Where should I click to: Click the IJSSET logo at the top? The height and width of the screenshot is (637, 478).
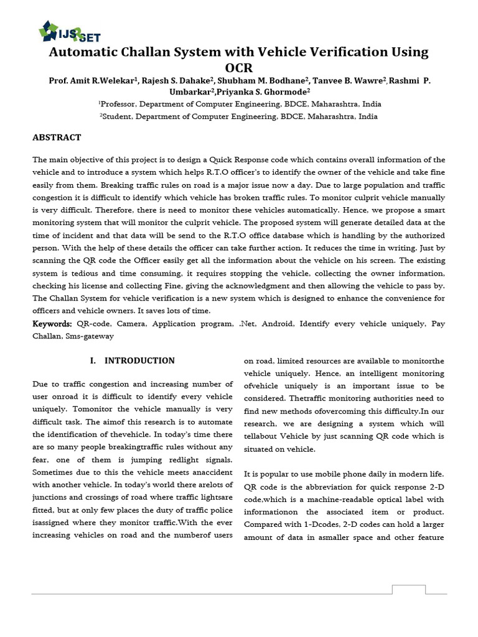click(x=69, y=31)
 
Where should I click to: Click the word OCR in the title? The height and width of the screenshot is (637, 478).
click(x=239, y=68)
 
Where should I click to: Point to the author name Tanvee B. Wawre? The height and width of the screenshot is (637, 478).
click(x=335, y=81)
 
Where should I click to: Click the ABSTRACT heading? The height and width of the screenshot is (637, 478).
click(x=57, y=137)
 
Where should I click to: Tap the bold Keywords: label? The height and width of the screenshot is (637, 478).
click(x=52, y=324)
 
